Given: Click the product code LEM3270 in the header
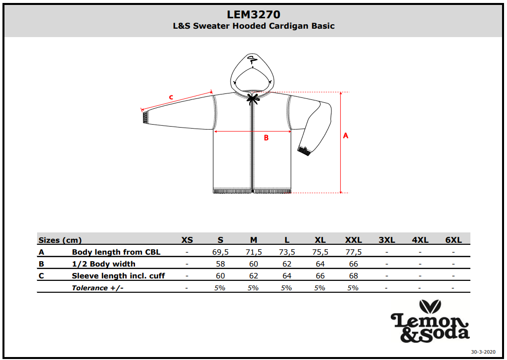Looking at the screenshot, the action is pos(253,14).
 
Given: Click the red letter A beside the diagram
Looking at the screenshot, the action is pos(346,135).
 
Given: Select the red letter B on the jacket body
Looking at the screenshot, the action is pos(266,138).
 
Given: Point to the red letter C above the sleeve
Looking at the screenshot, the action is pos(171,97).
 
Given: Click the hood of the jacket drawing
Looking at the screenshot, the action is pos(252,73).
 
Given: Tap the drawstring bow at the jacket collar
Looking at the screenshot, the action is pos(253,98).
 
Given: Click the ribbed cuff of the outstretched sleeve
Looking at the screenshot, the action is pos(145,117).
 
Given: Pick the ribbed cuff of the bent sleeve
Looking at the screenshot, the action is pos(304,151).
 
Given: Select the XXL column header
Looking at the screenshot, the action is pos(353,240).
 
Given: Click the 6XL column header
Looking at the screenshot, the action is pos(453,240).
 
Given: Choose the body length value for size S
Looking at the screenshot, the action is pos(220,252).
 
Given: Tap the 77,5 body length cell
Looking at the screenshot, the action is pos(353,252).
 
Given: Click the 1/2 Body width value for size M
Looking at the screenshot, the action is pos(253,264).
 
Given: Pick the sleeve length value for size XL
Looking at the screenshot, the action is pos(320,276).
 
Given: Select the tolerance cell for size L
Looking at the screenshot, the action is pos(286,288).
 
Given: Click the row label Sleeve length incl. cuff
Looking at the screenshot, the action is pos(118,276).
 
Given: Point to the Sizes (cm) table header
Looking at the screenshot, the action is pos(60,240).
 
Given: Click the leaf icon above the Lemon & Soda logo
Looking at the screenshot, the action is pos(430,307).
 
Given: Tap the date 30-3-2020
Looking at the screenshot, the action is pos(483,352).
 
